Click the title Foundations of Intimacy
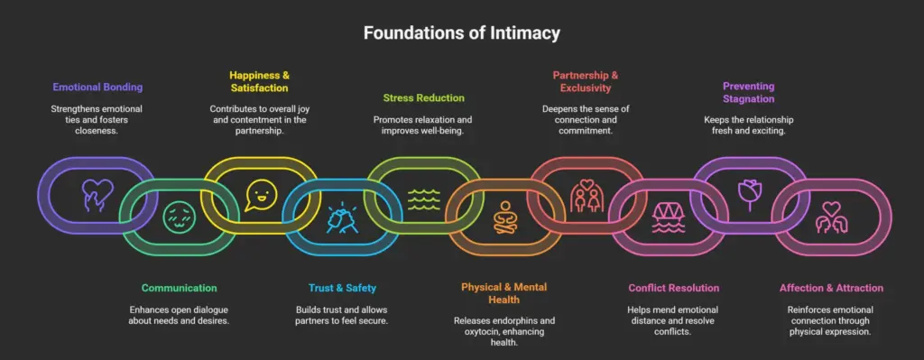(461, 33)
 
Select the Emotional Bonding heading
(97, 88)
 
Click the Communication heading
(179, 288)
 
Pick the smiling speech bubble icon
(260, 192)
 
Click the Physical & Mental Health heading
(504, 294)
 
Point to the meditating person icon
(504, 217)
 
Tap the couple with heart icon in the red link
(586, 196)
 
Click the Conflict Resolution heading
(673, 288)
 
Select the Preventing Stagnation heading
(748, 93)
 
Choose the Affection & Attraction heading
(831, 288)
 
